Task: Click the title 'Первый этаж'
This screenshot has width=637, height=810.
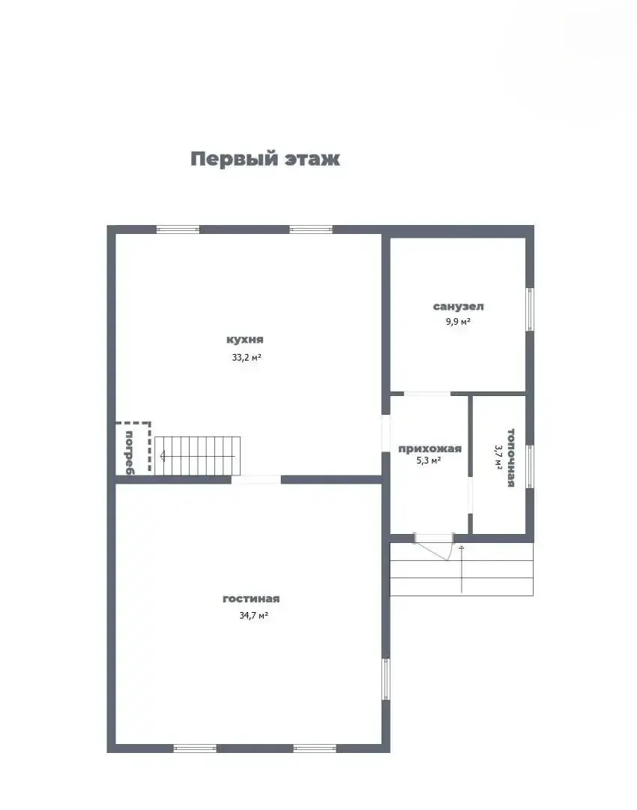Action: click(x=265, y=159)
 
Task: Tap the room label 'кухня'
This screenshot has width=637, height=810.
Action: click(x=246, y=339)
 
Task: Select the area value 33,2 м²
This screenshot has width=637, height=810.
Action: click(x=246, y=358)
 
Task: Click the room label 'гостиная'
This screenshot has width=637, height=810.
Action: click(x=251, y=598)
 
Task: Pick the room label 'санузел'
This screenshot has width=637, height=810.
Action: click(x=458, y=306)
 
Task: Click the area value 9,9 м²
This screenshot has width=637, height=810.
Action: click(x=458, y=322)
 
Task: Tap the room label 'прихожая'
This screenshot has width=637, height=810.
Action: click(x=429, y=448)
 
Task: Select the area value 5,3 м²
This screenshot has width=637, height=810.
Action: click(x=429, y=461)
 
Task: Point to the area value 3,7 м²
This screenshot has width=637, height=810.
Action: click(x=498, y=457)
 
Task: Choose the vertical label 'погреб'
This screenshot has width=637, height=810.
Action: click(x=129, y=452)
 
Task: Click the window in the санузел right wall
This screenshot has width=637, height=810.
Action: click(x=530, y=309)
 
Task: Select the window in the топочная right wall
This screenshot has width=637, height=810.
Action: click(x=530, y=466)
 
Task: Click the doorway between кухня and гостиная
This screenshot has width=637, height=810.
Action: click(x=256, y=479)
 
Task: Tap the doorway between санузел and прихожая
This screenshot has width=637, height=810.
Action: click(x=427, y=393)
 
